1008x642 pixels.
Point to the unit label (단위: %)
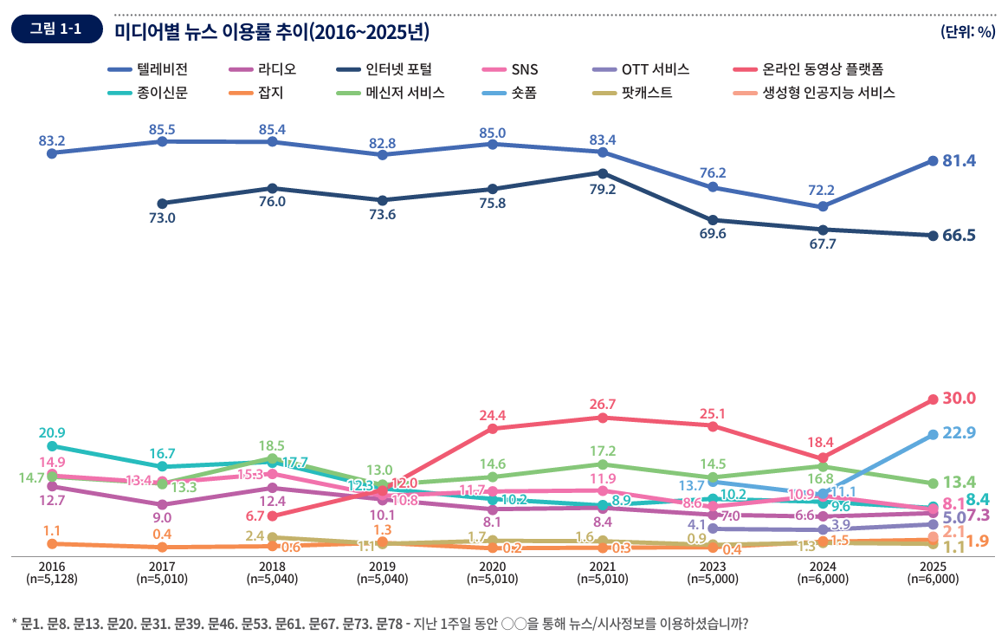967,31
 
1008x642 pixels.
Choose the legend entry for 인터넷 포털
381,69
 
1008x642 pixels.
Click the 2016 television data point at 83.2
52,153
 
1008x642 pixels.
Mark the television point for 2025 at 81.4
933,160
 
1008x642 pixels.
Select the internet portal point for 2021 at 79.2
602,172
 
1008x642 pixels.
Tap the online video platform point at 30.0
933,399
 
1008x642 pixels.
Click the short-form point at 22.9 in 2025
933,435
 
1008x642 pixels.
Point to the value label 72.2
821,190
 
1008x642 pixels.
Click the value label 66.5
959,236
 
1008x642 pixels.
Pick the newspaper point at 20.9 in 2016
52,447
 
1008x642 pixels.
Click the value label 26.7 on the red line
602,404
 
